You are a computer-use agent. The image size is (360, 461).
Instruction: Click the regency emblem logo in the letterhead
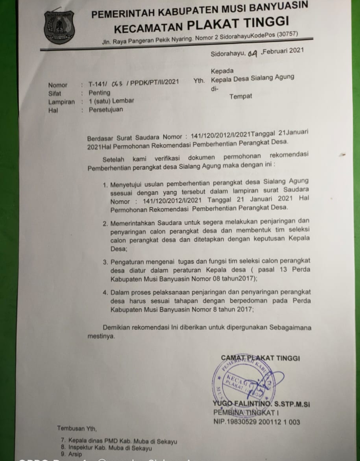click(59, 28)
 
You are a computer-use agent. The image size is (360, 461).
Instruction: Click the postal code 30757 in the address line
click(287, 34)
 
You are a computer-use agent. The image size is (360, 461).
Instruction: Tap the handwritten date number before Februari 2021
click(253, 54)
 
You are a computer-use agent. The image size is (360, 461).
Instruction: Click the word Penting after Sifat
click(99, 93)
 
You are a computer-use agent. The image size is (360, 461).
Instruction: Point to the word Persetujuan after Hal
click(106, 109)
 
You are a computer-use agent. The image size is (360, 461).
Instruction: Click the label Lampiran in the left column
click(62, 102)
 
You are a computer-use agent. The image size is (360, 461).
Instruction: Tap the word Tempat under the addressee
click(241, 97)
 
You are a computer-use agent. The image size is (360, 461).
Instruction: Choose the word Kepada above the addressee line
click(222, 71)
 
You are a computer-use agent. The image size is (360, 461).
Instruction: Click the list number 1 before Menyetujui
click(105, 185)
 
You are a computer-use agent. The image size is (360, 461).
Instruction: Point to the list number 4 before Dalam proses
click(105, 293)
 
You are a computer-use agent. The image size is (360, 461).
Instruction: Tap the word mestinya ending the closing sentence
click(100, 336)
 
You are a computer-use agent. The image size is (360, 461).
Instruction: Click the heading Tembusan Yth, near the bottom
click(77, 428)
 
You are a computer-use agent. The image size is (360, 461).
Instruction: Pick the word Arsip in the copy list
click(75, 454)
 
